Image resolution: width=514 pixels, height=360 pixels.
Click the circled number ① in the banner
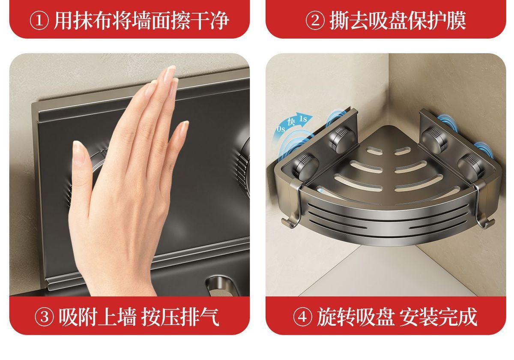coord(39,21)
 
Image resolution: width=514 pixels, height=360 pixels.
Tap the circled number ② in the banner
coord(315,21)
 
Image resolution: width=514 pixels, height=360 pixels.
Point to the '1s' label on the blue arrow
coord(303,119)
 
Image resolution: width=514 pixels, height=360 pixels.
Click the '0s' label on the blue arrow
coord(281,129)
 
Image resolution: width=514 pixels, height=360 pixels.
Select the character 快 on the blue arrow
coord(291,122)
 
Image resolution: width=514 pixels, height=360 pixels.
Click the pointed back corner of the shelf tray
coord(388,126)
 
